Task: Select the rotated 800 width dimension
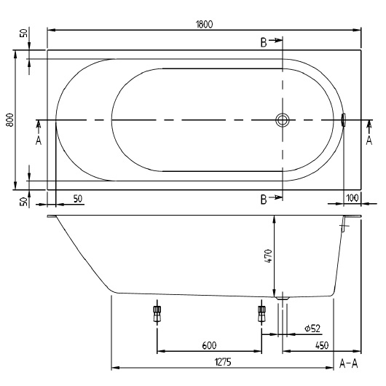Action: coord(10,120)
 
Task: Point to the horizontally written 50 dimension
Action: coord(76,199)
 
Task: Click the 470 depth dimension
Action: coord(267,256)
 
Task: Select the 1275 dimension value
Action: coord(223,360)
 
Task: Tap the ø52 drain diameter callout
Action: coord(313,329)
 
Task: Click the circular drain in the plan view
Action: coord(282,120)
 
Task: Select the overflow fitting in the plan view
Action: coord(344,120)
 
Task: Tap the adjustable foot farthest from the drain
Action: coord(156,313)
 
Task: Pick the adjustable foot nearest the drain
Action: coord(261,313)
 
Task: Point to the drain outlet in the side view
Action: coord(282,297)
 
